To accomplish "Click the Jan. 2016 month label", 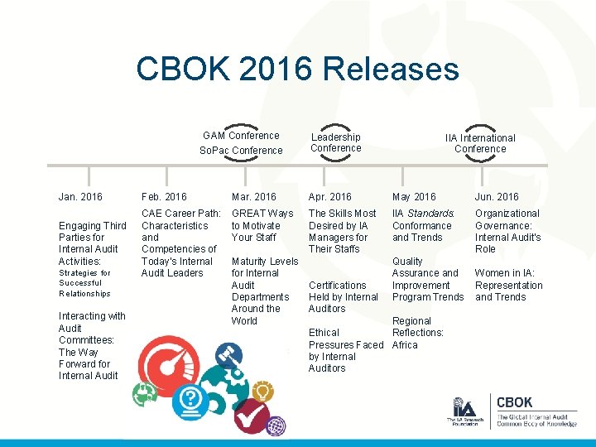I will pyautogui.click(x=80, y=197).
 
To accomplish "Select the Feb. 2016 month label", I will pyautogui.click(x=164, y=197).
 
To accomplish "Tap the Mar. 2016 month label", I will pyautogui.click(x=254, y=197).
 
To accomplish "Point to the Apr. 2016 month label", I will pyautogui.click(x=330, y=197).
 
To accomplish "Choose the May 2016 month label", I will pyautogui.click(x=414, y=197).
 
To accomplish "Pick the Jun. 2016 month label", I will pyautogui.click(x=497, y=197).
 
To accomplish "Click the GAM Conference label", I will pyautogui.click(x=241, y=136).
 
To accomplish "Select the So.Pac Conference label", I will pyautogui.click(x=241, y=151).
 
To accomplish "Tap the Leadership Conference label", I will pyautogui.click(x=336, y=142).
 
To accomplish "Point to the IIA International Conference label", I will pyautogui.click(x=480, y=143).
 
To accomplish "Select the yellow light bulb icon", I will pyautogui.click(x=263, y=392).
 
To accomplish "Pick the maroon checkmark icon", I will pyautogui.click(x=249, y=414).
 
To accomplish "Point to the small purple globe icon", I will pyautogui.click(x=276, y=426).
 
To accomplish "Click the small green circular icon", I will pyautogui.click(x=147, y=393).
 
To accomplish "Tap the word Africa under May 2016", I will pyautogui.click(x=405, y=345).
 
